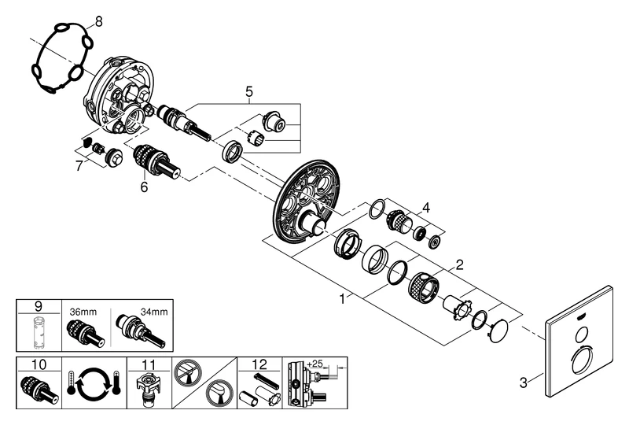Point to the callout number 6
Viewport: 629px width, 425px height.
[x=144, y=188]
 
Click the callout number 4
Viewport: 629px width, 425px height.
[x=425, y=208]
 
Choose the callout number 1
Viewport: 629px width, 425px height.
[x=342, y=300]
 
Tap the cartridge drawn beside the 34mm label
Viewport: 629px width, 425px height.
[x=141, y=331]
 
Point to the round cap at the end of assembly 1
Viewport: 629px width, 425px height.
[x=496, y=331]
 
